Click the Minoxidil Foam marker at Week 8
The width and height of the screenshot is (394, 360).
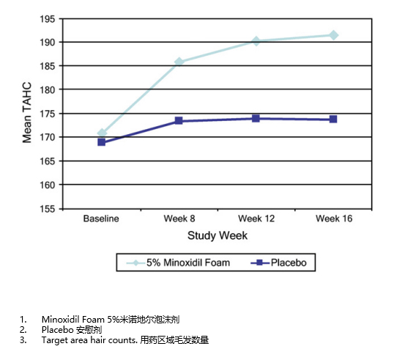[179, 62]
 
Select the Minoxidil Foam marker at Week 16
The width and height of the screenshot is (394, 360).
[333, 35]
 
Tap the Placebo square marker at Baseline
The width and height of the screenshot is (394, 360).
[102, 142]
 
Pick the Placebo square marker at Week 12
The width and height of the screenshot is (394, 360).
[256, 118]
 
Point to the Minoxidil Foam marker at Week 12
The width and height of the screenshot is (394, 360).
[256, 41]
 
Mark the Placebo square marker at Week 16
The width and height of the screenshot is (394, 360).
[333, 119]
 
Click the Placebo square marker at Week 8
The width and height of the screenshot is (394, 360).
[179, 121]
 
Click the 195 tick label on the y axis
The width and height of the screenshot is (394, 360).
[48, 19]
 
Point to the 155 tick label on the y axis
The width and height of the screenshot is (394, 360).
[48, 209]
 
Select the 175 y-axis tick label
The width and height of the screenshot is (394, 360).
[48, 114]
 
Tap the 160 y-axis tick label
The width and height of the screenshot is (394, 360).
[48, 185]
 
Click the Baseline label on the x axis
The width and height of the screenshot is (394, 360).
[101, 218]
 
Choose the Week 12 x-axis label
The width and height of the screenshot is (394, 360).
[256, 218]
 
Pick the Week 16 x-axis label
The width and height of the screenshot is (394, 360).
[334, 218]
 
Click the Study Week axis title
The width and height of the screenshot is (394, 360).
[218, 236]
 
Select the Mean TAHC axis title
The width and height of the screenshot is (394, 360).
[27, 112]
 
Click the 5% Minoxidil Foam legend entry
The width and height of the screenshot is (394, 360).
[178, 262]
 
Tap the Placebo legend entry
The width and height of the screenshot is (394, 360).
[278, 262]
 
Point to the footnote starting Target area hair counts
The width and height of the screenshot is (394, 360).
[125, 340]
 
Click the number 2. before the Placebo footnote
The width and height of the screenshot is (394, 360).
[23, 329]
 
